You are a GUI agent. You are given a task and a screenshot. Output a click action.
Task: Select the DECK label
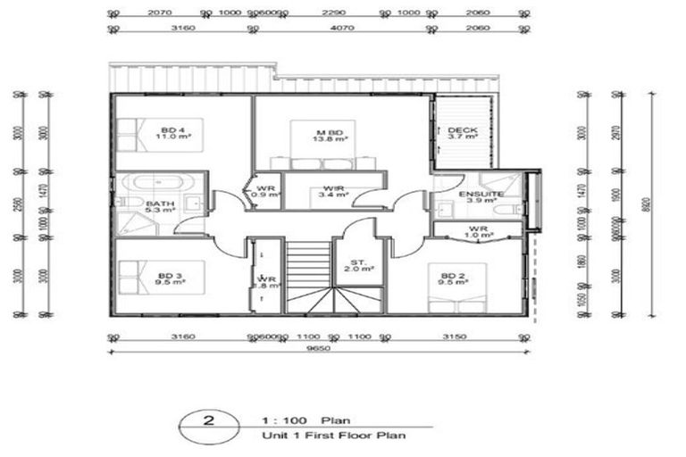click(x=463, y=134)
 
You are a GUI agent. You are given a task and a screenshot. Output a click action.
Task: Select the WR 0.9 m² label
click(x=266, y=192)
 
